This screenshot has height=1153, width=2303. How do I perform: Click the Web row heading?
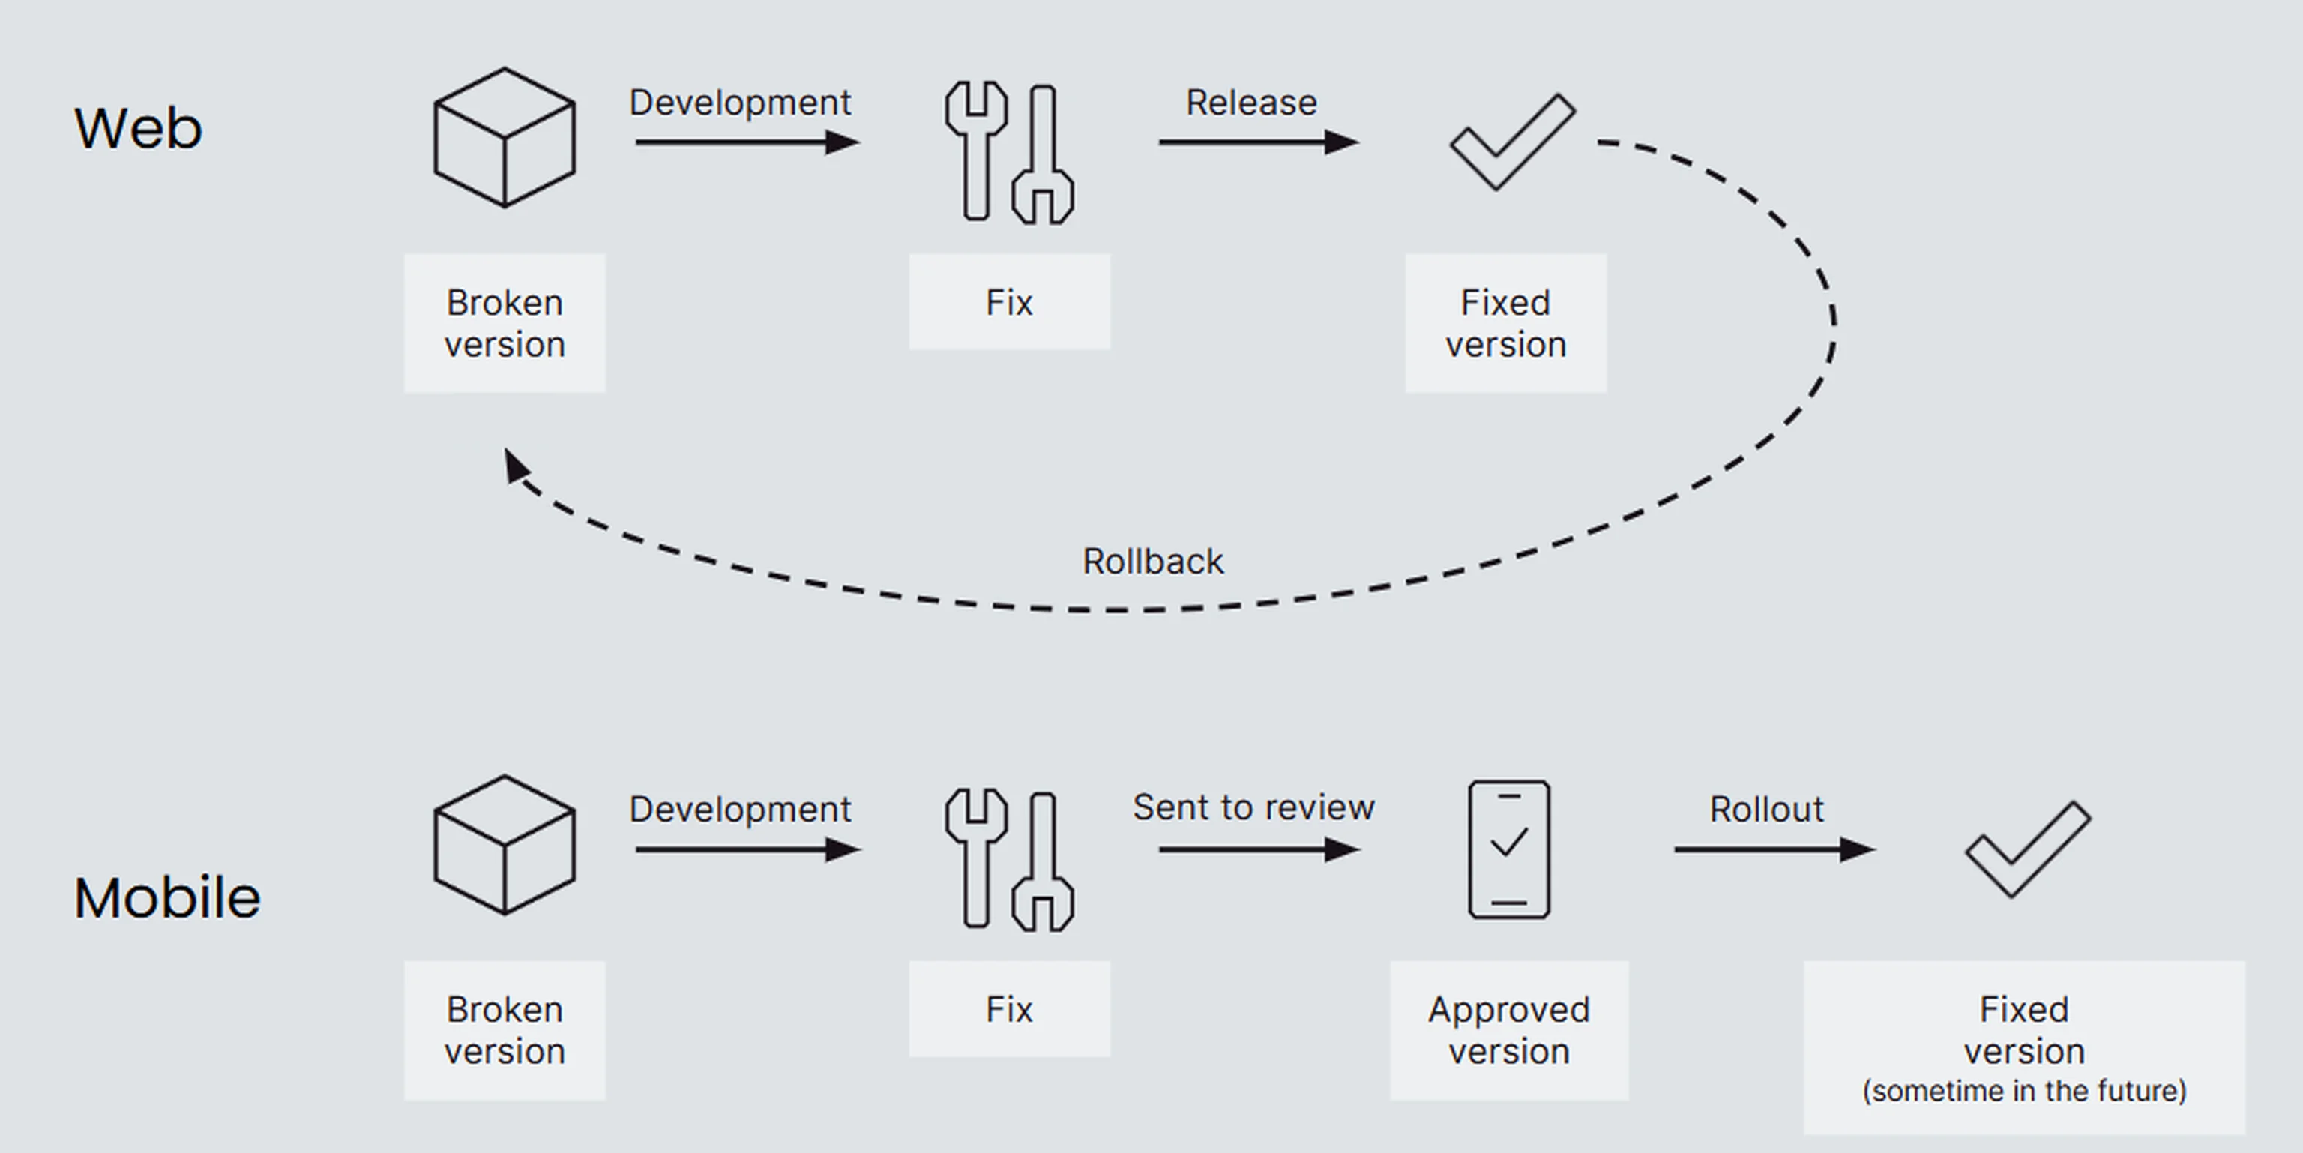tap(138, 127)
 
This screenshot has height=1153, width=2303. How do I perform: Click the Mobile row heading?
tap(166, 897)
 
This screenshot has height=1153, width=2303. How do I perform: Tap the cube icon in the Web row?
tap(505, 138)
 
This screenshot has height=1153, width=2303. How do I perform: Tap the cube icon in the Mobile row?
tap(505, 845)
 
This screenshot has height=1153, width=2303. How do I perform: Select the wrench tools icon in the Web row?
tap(1008, 152)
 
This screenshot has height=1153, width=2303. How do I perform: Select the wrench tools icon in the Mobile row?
tap(1008, 859)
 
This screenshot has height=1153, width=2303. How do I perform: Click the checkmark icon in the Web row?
tap(1512, 141)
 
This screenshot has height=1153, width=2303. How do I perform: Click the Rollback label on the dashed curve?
tap(1152, 562)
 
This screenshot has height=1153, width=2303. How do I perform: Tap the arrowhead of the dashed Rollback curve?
tap(515, 465)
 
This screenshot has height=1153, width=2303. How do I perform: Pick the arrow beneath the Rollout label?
tap(1774, 849)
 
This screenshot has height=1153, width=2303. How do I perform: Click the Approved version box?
tap(1509, 1029)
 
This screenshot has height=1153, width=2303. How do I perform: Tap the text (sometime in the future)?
tap(2024, 1091)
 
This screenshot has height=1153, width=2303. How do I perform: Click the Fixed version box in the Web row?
tap(1505, 322)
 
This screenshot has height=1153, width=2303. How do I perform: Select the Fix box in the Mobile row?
tap(1009, 1009)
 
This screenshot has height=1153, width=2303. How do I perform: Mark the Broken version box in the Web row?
tap(505, 322)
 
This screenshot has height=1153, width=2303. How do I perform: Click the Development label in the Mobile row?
tap(739, 809)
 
